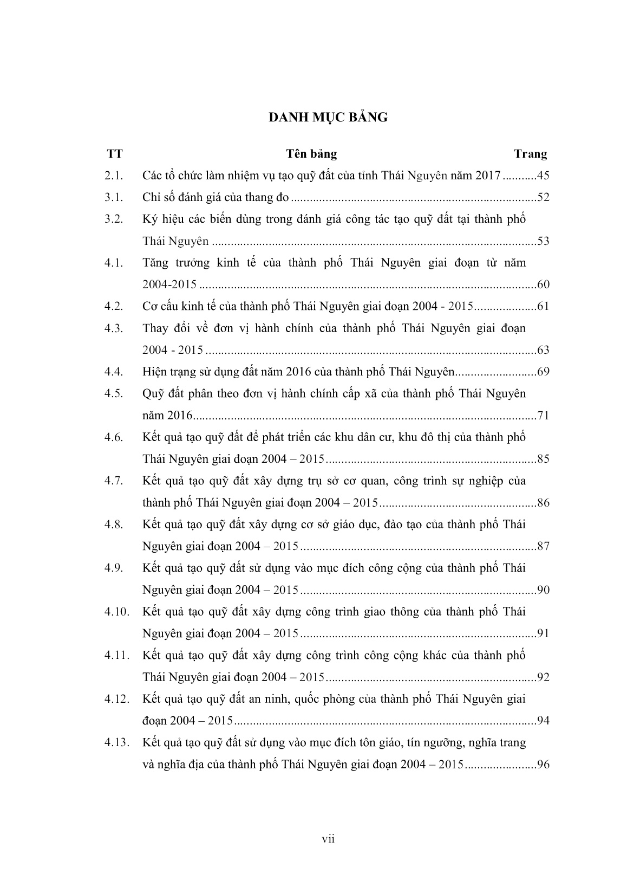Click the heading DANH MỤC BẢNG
click(x=328, y=117)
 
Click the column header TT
click(x=115, y=154)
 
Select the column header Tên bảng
click(x=311, y=154)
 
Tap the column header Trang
click(x=530, y=154)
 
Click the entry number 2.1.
click(x=115, y=176)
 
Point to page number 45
click(x=543, y=176)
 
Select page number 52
click(x=543, y=197)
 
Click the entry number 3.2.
click(x=115, y=219)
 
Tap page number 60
click(x=543, y=284)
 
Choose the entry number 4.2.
click(x=115, y=306)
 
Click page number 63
click(x=543, y=350)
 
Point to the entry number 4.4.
click(x=115, y=372)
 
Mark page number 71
click(x=543, y=416)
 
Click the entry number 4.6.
click(x=115, y=437)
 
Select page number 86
click(x=543, y=503)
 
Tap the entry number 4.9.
click(x=115, y=568)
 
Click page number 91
click(x=543, y=633)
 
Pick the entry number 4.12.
click(x=117, y=699)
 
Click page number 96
click(x=543, y=765)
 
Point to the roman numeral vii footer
click(x=328, y=839)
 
